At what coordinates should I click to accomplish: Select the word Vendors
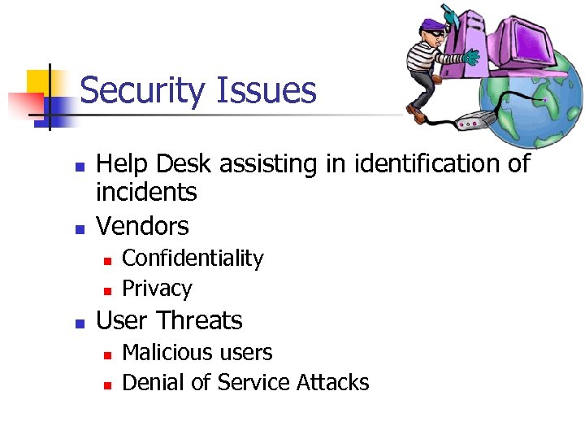point(142,226)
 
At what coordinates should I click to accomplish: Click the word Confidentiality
point(193,259)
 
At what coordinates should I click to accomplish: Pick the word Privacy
point(157,289)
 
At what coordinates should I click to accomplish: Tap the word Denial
point(154,382)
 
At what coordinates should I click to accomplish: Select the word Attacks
point(333,382)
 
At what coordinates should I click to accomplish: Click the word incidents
point(146,193)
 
